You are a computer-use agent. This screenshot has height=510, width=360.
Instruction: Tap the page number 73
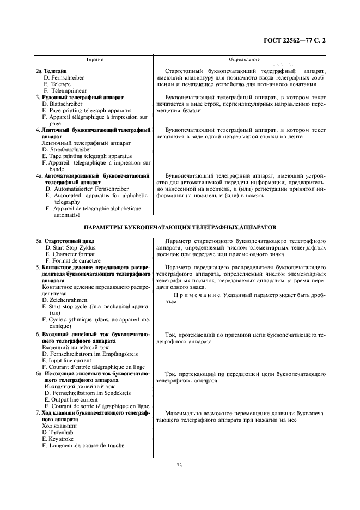point(179,465)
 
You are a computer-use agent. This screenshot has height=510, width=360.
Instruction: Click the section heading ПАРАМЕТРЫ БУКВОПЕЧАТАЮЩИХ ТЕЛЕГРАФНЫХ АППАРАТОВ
point(180,226)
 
